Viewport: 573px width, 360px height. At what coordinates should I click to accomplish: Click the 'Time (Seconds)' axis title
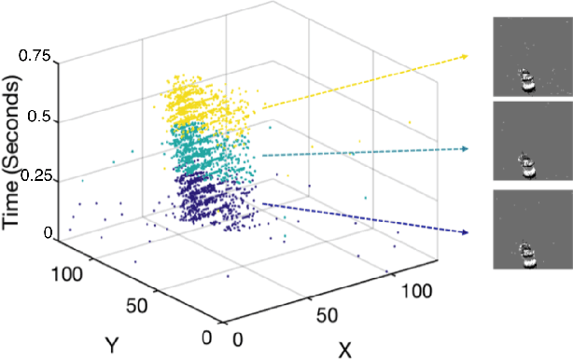[14, 145]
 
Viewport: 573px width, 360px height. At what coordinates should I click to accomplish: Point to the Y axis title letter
[112, 345]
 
